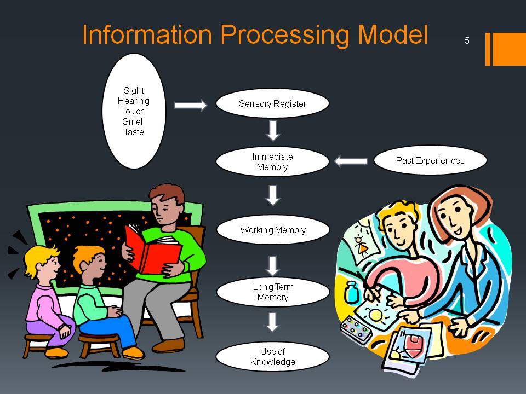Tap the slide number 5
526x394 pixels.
(x=467, y=40)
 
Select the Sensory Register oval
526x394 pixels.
(x=272, y=103)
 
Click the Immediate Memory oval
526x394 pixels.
(x=272, y=161)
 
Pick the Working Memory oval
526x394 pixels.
(x=273, y=230)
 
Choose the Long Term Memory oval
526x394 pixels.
(x=273, y=292)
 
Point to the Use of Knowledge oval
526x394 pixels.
(x=272, y=356)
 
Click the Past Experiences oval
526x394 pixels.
(x=430, y=160)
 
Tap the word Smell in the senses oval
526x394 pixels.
(x=134, y=121)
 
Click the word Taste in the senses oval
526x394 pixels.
(x=134, y=132)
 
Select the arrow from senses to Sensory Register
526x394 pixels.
(x=191, y=105)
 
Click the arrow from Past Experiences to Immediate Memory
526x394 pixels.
(x=351, y=161)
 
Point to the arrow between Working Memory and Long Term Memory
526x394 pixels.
(x=273, y=266)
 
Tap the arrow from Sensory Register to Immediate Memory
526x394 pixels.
(x=273, y=131)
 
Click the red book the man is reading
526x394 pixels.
(x=153, y=250)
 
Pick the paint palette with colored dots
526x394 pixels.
(x=356, y=329)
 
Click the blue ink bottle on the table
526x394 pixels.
(x=351, y=292)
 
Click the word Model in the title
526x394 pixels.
(x=393, y=34)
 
